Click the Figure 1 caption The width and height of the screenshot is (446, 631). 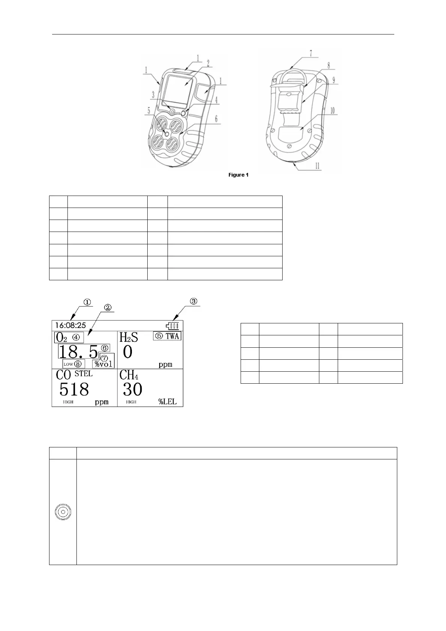tap(239, 175)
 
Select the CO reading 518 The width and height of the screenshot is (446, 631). tap(74, 389)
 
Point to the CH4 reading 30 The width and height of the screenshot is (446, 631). tap(132, 389)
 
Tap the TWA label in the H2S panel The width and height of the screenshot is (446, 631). tap(172, 336)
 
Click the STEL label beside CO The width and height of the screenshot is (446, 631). tap(84, 374)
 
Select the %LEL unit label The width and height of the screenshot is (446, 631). tap(167, 402)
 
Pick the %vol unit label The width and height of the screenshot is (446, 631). tap(103, 364)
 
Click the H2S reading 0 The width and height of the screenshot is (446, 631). tap(127, 352)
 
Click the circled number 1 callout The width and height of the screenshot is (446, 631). tap(87, 302)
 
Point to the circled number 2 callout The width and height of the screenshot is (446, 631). tap(107, 307)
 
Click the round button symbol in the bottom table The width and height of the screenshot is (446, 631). tap(63, 511)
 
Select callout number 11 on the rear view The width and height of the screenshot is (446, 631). tap(317, 166)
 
